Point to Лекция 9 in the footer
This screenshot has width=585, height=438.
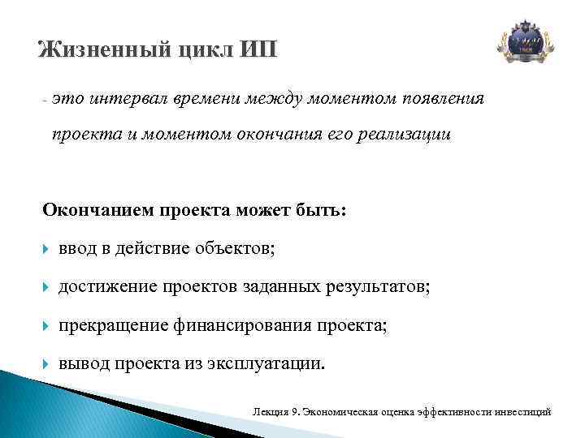(276, 413)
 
